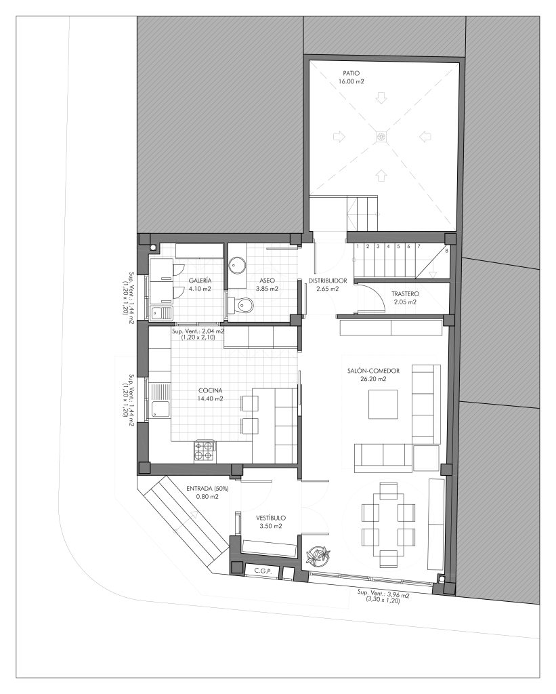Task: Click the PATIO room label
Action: pos(351,73)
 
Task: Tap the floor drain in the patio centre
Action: pos(381,137)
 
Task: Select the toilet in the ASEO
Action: pos(240,305)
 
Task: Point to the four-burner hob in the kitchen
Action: pos(205,451)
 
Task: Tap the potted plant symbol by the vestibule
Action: pos(317,555)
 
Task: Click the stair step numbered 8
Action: pos(446,251)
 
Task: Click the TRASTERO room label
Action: pos(405,294)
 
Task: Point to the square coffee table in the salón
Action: pos(383,404)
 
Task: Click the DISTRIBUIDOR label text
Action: pos(328,281)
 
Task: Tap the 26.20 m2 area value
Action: pos(373,379)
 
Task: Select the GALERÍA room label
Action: pos(200,281)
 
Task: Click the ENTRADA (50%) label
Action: pos(207,489)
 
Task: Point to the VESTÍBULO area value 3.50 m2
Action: pos(271,526)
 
